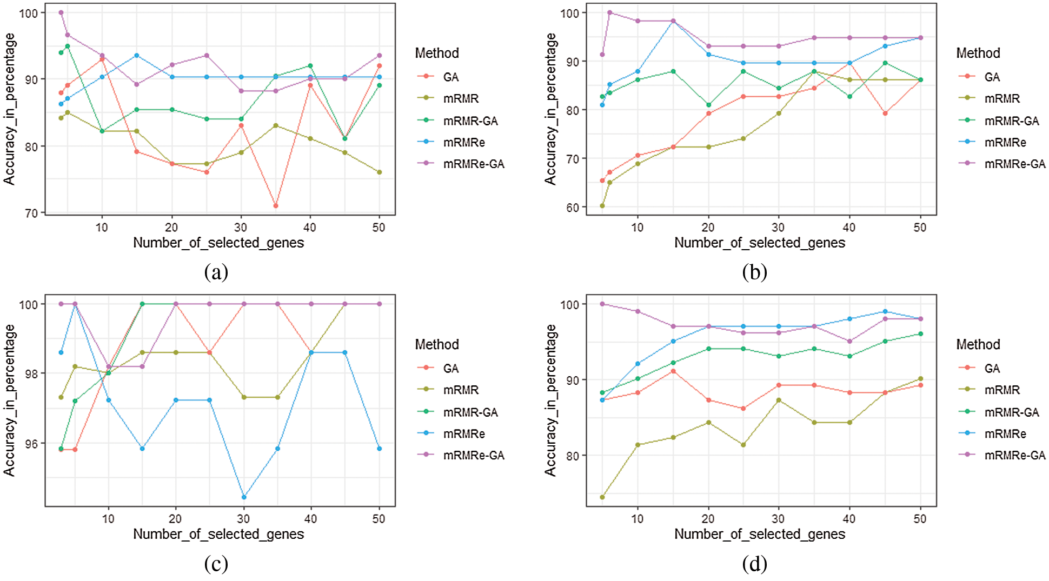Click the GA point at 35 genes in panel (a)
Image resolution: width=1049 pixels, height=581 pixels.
click(x=276, y=206)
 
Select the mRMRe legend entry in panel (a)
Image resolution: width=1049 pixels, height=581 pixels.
click(x=463, y=143)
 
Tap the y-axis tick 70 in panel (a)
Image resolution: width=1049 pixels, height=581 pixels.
click(x=32, y=213)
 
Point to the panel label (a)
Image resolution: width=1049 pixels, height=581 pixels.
click(x=216, y=272)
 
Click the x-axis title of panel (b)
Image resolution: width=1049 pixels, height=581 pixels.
click(x=760, y=243)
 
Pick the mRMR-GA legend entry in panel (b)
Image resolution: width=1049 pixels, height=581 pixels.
click(x=1011, y=121)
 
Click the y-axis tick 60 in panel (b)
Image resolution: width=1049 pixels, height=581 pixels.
click(x=573, y=208)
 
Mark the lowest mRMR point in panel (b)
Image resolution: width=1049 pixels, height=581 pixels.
click(x=602, y=206)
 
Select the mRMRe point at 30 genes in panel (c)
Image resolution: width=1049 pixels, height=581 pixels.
click(x=244, y=497)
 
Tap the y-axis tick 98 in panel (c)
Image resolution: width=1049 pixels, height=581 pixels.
click(x=32, y=373)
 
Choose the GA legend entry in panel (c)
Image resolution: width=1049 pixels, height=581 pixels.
click(x=450, y=369)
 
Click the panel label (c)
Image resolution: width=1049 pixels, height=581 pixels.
click(x=216, y=564)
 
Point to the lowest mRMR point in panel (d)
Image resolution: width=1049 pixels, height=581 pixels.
click(x=602, y=497)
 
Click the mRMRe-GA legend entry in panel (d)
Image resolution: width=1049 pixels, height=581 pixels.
click(x=1014, y=456)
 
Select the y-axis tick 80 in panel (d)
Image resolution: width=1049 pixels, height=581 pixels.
click(x=573, y=456)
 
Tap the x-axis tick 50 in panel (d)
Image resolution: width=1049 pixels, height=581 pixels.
click(x=920, y=519)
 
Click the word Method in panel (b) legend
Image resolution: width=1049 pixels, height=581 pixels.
click(x=978, y=53)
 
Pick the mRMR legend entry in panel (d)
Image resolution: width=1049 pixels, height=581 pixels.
click(x=1002, y=390)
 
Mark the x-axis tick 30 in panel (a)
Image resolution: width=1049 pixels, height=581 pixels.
click(x=241, y=228)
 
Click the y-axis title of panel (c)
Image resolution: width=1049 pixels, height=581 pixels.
click(x=9, y=400)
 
